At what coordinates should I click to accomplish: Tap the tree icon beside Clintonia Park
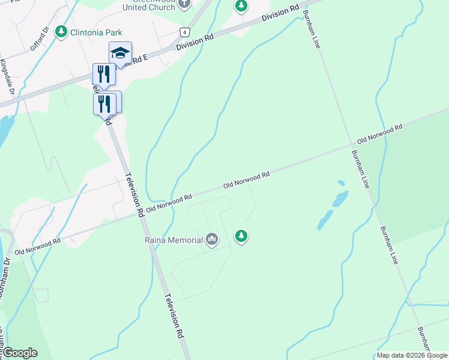(61, 31)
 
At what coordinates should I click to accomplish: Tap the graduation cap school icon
(120, 53)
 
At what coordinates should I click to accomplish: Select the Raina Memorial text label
(173, 240)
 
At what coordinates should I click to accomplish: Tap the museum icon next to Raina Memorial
(211, 240)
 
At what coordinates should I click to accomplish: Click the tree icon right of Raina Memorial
(241, 236)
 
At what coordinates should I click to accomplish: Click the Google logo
(20, 353)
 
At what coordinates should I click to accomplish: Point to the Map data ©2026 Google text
(411, 355)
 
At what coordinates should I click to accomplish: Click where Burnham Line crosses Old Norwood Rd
(353, 145)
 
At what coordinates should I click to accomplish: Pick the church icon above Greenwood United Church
(184, 4)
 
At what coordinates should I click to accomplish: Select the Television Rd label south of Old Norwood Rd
(175, 317)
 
